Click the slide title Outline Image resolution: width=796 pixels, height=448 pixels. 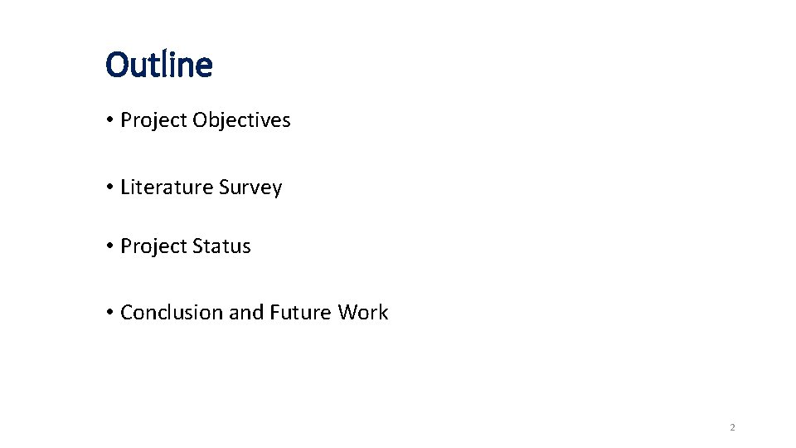[159, 65]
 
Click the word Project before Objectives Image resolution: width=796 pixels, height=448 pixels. [153, 120]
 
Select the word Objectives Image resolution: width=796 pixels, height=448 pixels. [241, 120]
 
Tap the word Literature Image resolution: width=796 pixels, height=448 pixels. [167, 187]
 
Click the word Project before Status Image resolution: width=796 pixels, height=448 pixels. [153, 246]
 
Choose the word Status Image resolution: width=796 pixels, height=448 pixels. [221, 246]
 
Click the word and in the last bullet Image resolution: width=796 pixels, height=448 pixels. [245, 313]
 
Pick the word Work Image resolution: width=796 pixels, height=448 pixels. [363, 313]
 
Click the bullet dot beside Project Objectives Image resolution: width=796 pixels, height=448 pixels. [109, 121]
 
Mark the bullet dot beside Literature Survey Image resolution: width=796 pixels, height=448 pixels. [109, 188]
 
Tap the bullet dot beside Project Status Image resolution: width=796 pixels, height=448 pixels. [109, 247]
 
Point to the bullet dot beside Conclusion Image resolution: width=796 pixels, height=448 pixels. [109, 314]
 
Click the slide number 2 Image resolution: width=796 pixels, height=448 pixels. [732, 428]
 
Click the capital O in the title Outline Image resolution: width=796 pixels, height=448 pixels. [117, 65]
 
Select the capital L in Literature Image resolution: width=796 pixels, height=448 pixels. [124, 187]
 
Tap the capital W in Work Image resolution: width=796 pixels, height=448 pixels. [347, 313]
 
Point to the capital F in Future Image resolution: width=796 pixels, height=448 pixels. [274, 313]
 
